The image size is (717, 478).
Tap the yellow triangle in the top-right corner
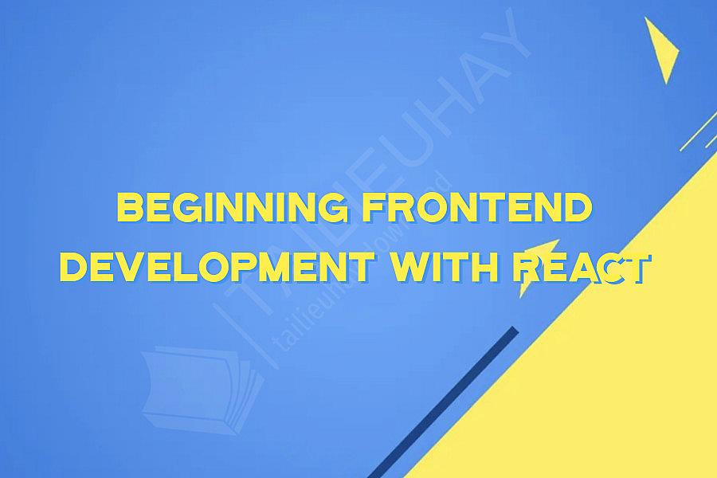pos(660,49)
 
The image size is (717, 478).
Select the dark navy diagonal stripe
pos(446,398)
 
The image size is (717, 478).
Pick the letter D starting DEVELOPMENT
pos(73,269)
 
